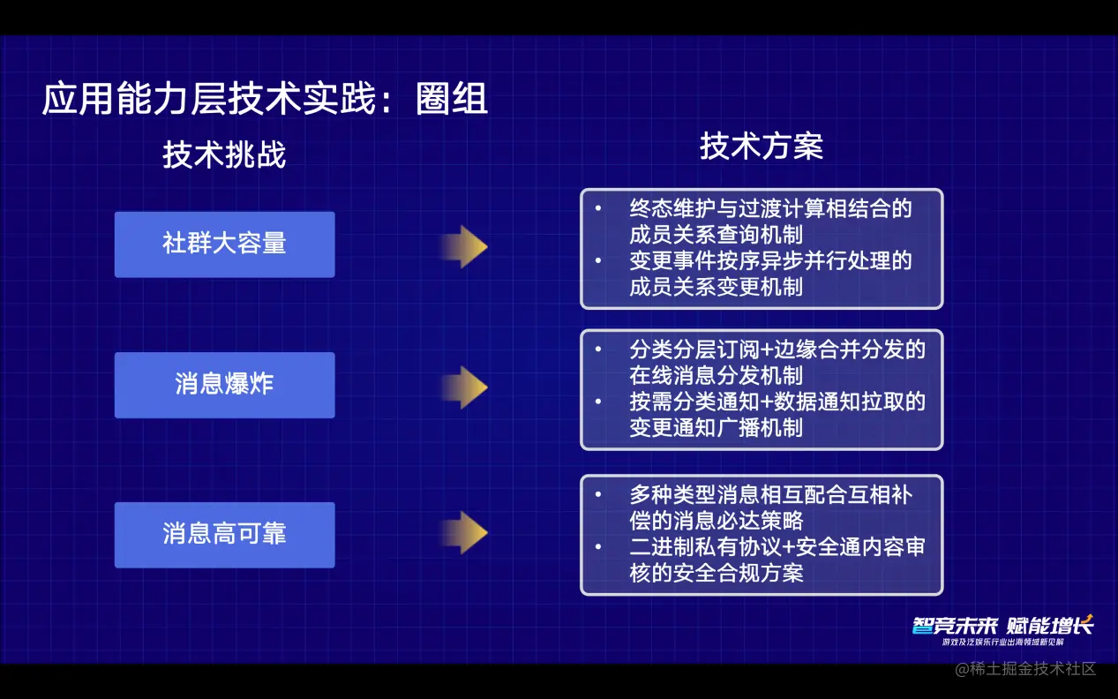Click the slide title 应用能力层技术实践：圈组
(265, 98)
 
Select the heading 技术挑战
(224, 154)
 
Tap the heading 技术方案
(762, 147)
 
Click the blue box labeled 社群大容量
(225, 244)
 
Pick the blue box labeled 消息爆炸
(225, 385)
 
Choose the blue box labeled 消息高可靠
(225, 535)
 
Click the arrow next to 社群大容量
(464, 246)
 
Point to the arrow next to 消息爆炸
(464, 387)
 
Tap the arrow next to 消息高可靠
(464, 532)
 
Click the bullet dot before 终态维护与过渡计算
(598, 207)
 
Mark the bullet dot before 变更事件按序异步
(598, 260)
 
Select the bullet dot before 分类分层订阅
(598, 349)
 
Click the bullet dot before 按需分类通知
(598, 402)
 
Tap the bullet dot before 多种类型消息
(598, 494)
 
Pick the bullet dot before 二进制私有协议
(598, 546)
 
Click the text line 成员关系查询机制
(717, 235)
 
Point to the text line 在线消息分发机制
(717, 375)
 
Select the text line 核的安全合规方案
(717, 573)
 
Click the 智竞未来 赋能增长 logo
(1003, 630)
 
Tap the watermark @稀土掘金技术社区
(1025, 668)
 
